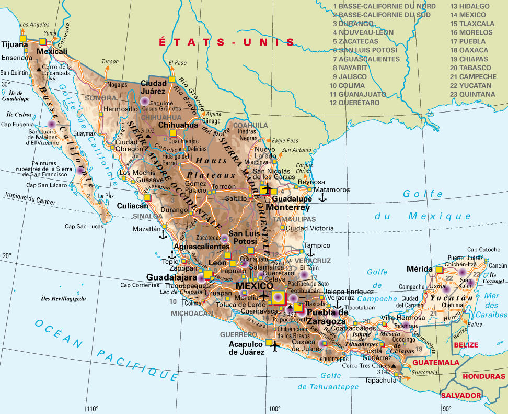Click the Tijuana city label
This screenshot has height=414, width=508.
14,45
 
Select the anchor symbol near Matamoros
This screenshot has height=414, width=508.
323,197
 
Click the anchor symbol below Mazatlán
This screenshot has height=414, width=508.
163,233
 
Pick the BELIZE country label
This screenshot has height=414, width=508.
466,345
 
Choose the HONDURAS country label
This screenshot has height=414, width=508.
479,376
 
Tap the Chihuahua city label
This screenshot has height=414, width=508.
178,125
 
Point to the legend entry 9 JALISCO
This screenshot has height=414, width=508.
353,76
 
